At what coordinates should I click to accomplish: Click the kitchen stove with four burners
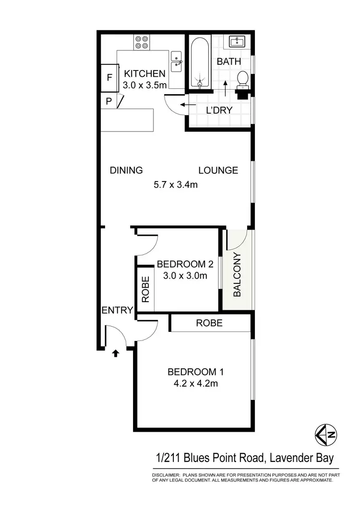pyautogui.click(x=142, y=42)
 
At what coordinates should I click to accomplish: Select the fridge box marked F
pyautogui.click(x=109, y=77)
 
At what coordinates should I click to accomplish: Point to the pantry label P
pyautogui.click(x=108, y=101)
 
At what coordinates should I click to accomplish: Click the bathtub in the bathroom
pyautogui.click(x=199, y=62)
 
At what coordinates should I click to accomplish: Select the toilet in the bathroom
pyautogui.click(x=243, y=80)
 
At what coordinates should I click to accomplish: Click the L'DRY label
pyautogui.click(x=219, y=110)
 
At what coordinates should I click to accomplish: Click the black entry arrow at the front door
pyautogui.click(x=115, y=354)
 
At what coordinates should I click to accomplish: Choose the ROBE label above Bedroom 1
pyautogui.click(x=209, y=323)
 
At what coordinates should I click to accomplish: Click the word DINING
pyautogui.click(x=126, y=170)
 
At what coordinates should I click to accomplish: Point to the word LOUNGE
pyautogui.click(x=218, y=170)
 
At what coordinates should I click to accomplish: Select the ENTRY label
pyautogui.click(x=117, y=310)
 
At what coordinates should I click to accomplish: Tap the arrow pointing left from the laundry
pyautogui.click(x=183, y=104)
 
